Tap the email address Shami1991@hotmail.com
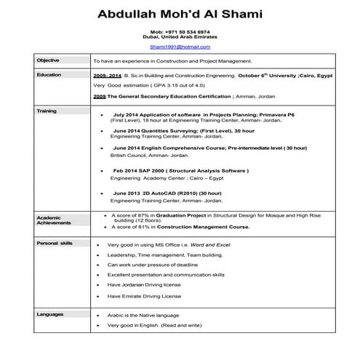tap(180, 47)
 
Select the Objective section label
tap(48, 60)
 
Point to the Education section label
tap(49, 74)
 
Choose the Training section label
tap(46, 111)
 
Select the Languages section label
tap(50, 314)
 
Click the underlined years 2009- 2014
tap(107, 75)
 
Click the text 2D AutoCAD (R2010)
tap(164, 193)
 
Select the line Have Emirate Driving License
tap(144, 296)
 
